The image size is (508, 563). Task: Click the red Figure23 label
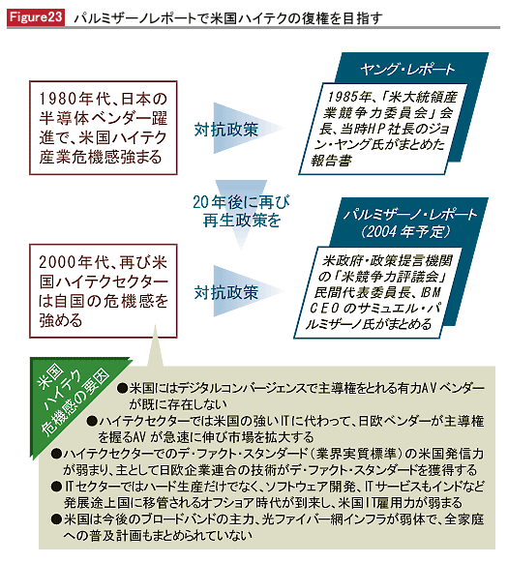pos(36,17)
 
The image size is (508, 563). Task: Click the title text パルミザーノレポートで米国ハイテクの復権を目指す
pos(227,18)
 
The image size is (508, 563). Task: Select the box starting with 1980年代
pos(104,128)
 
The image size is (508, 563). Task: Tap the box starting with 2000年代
pos(104,291)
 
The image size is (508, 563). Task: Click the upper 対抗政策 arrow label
pos(226,130)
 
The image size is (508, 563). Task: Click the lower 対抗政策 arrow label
pos(226,292)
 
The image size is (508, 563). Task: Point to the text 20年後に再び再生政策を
pos(241,211)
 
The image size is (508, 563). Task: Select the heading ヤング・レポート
pos(407,70)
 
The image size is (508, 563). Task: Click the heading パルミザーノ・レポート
pos(410,215)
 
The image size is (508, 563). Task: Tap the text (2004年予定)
pos(406,231)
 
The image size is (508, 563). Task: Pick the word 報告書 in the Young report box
pos(331,161)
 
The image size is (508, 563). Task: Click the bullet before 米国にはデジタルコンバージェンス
pos(123,388)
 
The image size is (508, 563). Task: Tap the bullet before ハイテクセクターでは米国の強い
pos(92,421)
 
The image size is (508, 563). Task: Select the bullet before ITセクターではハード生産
pos(56,487)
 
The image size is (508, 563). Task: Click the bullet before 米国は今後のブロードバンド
pos(56,519)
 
